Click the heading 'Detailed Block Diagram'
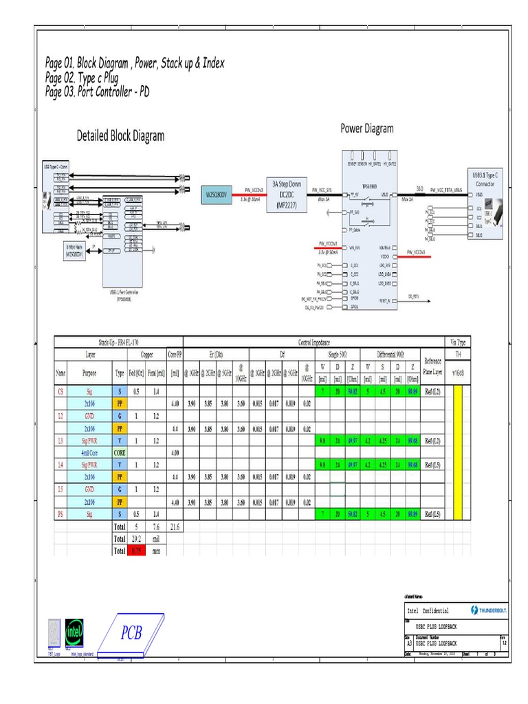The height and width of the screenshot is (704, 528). click(120, 135)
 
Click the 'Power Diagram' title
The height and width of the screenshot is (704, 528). click(367, 129)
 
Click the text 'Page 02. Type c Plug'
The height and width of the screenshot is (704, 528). click(82, 78)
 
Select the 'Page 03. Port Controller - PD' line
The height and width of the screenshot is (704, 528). click(97, 91)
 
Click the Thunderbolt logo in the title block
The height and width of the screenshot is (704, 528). click(489, 610)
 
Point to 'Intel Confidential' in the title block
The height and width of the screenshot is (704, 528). click(428, 610)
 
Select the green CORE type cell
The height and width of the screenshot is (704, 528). click(120, 452)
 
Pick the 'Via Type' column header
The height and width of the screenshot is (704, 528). click(458, 342)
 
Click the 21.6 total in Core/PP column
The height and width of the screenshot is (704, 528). click(174, 526)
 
